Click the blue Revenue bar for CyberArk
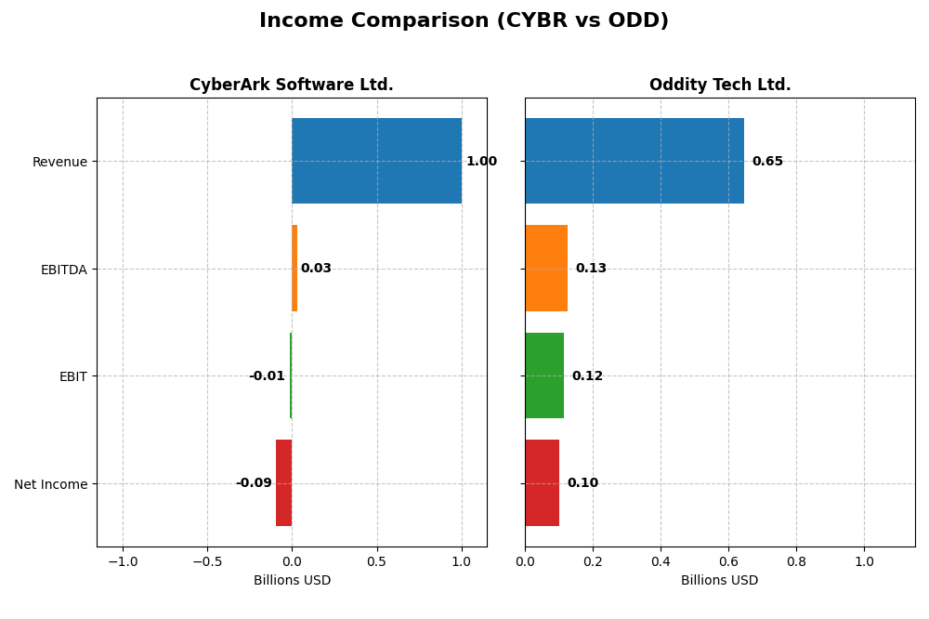pos(376,161)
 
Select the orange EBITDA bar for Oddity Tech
pos(546,268)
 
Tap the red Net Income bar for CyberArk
pos(284,482)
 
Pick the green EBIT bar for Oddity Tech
pos(544,375)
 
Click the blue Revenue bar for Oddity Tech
pos(635,161)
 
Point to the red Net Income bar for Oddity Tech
pos(542,482)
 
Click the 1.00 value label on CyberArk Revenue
pos(481,162)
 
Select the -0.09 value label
pos(254,483)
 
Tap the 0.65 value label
pos(767,162)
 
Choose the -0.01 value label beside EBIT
pos(267,376)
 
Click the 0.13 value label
pos(591,269)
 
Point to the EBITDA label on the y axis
pos(63,270)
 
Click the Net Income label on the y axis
pos(50,484)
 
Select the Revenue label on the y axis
pos(59,163)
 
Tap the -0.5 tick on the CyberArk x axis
pos(207,561)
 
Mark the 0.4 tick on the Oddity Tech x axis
pos(661,561)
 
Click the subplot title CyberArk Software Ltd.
pos(292,86)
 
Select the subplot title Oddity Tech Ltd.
pos(720,86)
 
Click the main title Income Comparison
pos(464,21)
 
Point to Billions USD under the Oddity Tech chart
pos(719,580)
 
